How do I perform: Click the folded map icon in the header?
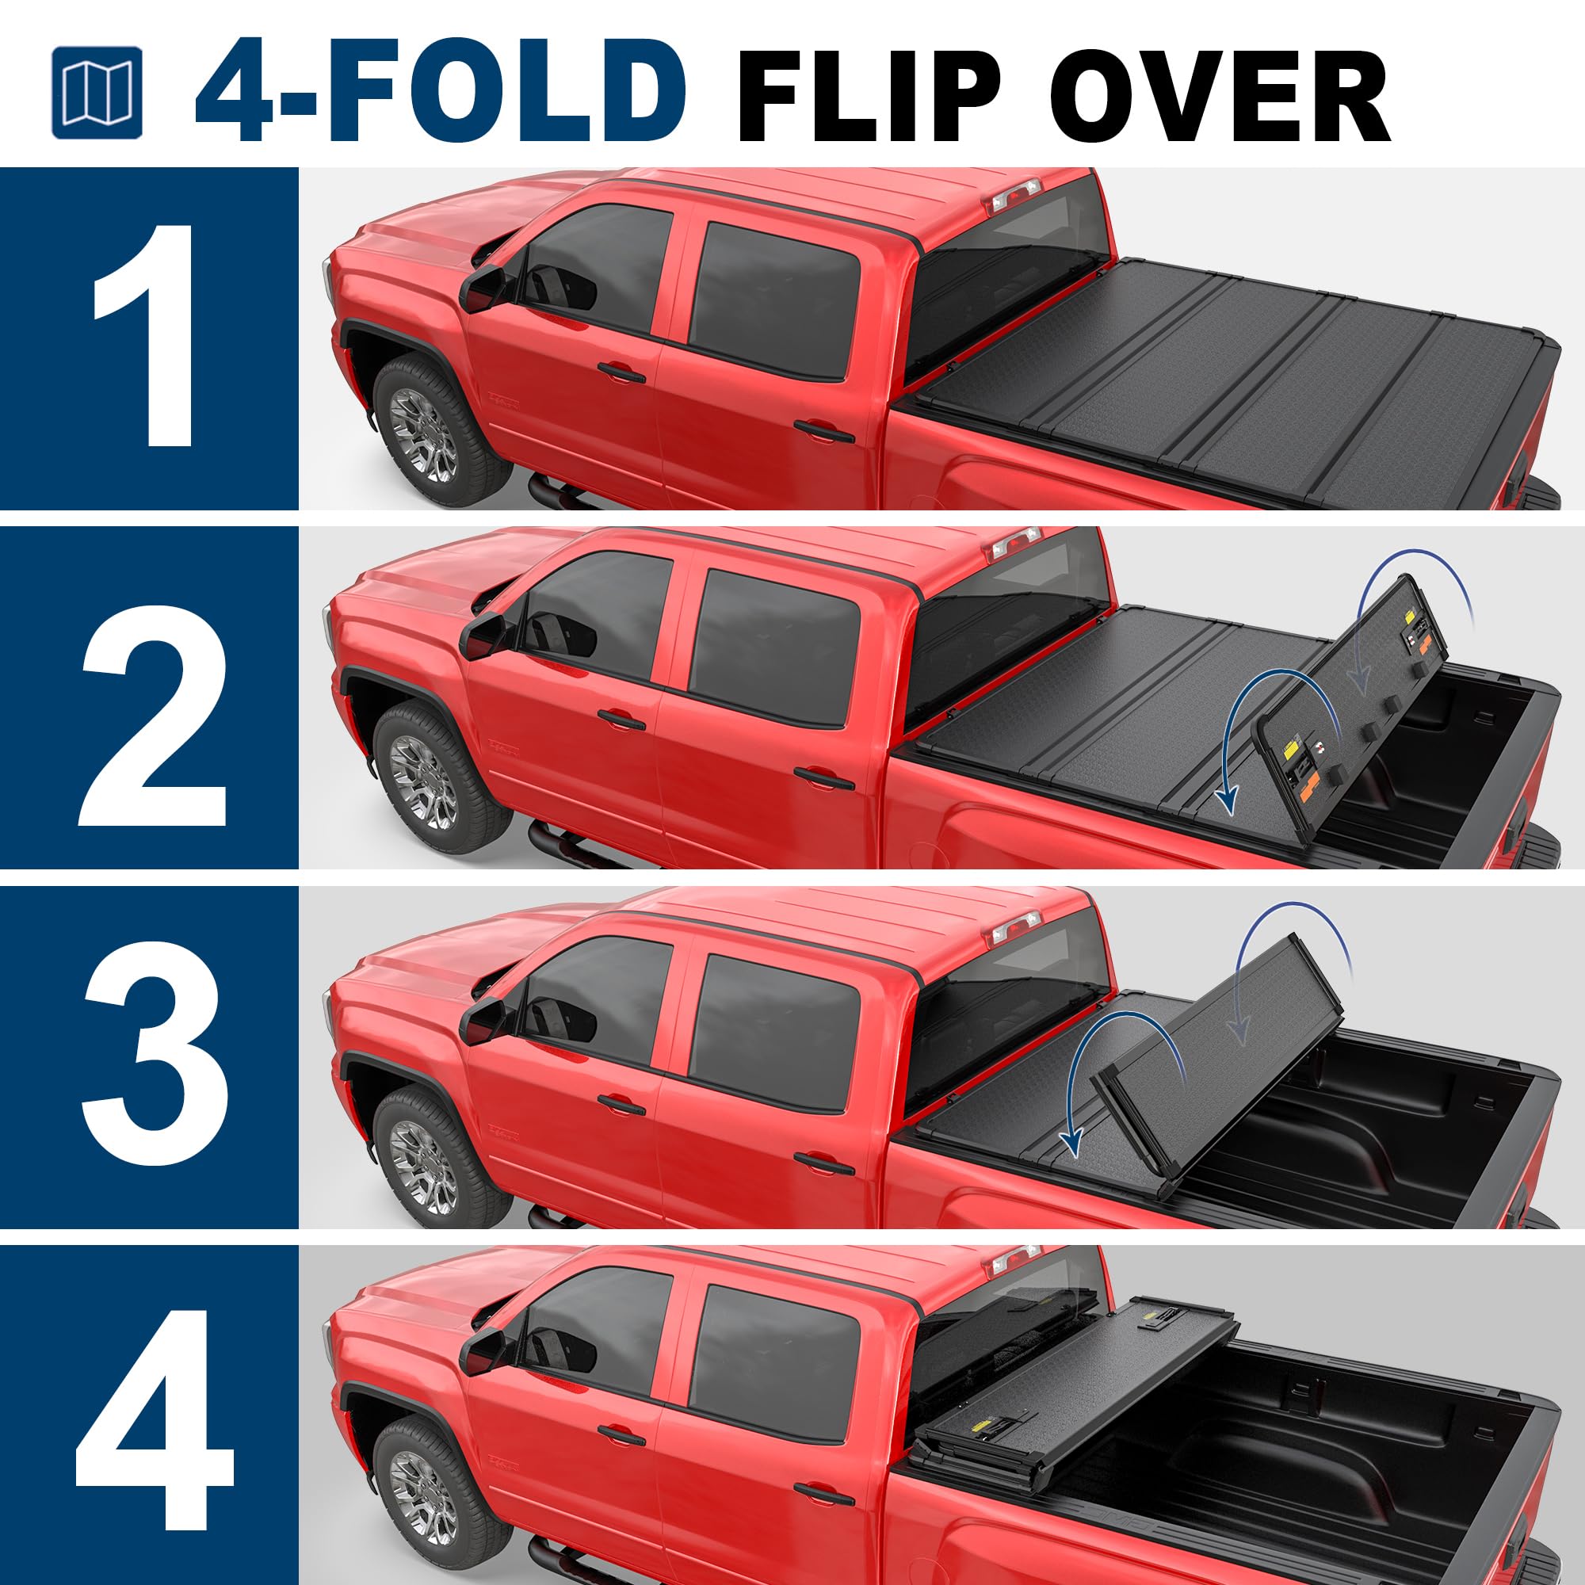(96, 92)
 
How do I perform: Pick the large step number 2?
(152, 716)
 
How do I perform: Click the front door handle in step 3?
(621, 1105)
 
